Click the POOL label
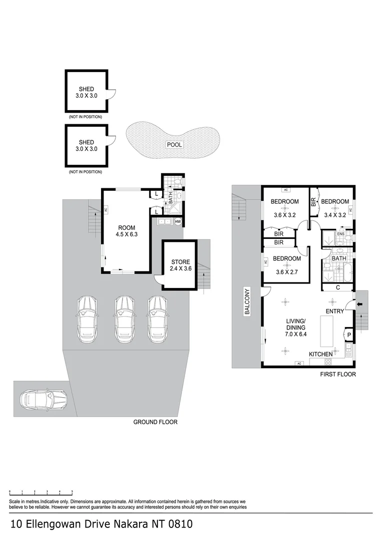pos(174,145)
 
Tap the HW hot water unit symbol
pos(177,222)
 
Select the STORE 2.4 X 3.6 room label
pos(181,265)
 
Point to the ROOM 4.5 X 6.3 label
pos(125,229)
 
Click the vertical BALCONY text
pos(246,302)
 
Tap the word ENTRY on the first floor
pos(335,312)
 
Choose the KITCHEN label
pos(320,354)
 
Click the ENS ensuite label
pos(340,234)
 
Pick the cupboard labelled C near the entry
pos(338,288)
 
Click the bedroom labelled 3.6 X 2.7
pos(286,263)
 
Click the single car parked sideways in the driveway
pos(43,399)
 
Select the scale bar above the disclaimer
pos(41,492)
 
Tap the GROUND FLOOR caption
pos(155,422)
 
